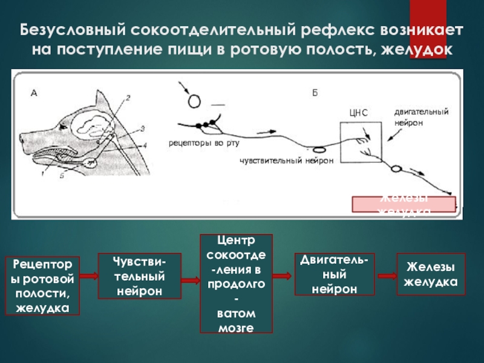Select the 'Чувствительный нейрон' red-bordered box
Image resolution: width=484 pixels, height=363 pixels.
coord(140,276)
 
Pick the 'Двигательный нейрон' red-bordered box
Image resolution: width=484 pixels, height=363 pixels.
coord(335,275)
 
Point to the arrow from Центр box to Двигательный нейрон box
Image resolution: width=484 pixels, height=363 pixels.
coord(283,277)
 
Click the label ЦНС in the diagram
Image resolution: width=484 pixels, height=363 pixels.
coord(358,113)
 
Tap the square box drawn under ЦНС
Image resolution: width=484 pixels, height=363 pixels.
coord(361,142)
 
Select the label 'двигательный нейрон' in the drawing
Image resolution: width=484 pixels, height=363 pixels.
coord(421,117)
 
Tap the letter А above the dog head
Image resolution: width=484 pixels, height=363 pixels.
coord(34,93)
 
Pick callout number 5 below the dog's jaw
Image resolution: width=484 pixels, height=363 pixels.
coord(62,176)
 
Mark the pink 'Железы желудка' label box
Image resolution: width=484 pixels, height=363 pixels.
coord(404,204)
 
